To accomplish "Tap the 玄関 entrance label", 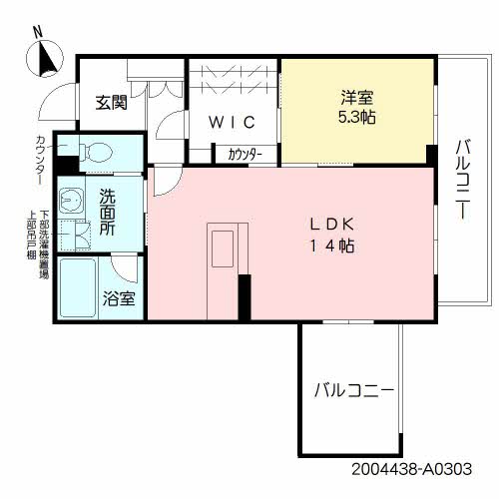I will click(111, 103).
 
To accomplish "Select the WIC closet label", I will click(233, 123).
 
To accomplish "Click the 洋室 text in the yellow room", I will click(357, 98).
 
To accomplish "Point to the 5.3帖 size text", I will click(357, 118).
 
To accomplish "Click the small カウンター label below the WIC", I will click(245, 155).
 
